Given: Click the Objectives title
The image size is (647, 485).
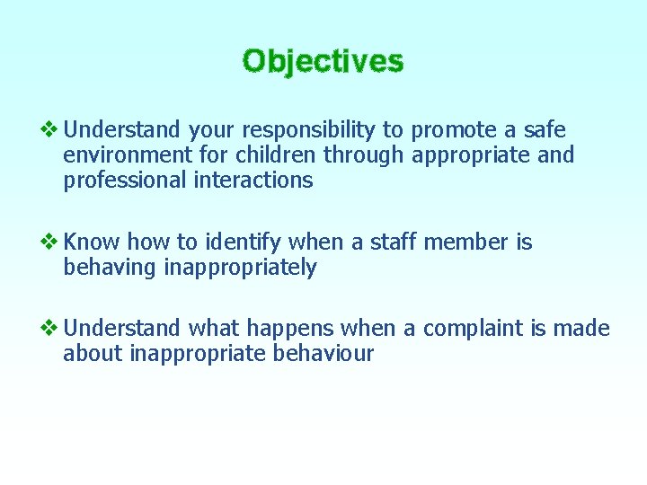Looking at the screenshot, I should coord(323,61).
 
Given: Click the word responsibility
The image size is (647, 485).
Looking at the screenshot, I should coord(302,131).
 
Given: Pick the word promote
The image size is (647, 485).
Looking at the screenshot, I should coord(454,131).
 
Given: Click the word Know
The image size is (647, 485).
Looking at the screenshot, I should coord(93,242).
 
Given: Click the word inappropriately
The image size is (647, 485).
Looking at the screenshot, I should coord(240,268).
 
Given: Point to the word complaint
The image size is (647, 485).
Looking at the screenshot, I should coord(472,329).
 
